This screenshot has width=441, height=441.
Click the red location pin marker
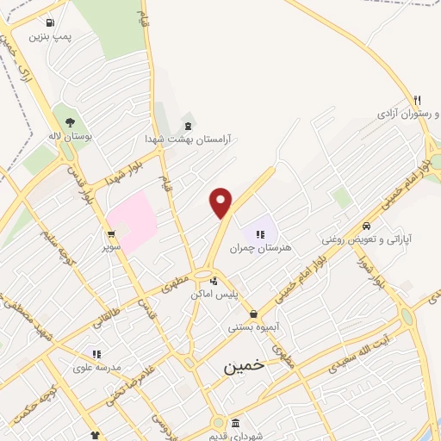221,202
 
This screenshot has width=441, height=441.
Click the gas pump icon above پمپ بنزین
50,22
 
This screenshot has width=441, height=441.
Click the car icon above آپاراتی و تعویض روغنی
367,227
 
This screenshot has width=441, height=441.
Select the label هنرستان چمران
261,247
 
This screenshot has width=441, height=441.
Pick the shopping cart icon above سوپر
111,234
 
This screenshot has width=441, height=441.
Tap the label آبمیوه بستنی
252,327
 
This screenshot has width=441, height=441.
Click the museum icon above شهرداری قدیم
236,422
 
